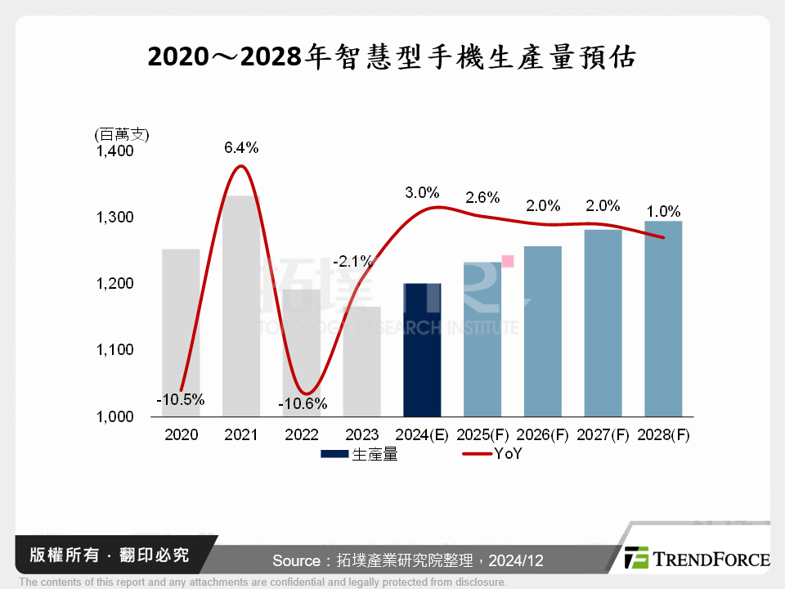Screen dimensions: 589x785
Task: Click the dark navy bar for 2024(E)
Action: click(422, 350)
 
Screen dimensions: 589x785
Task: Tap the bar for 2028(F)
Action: click(663, 319)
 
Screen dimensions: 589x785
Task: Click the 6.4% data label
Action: click(241, 148)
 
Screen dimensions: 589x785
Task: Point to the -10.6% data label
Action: click(302, 403)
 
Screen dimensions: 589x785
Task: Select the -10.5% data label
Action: click(180, 400)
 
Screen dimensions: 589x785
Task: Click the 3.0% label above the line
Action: click(422, 193)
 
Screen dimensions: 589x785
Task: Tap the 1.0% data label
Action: click(663, 208)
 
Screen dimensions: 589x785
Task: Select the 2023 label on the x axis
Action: click(361, 435)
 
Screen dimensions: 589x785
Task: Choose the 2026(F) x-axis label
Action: click(543, 435)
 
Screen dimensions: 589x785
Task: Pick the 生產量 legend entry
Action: click(360, 455)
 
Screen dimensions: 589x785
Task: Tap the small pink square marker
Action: click(507, 261)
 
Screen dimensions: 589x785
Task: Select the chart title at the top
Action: click(392, 57)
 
